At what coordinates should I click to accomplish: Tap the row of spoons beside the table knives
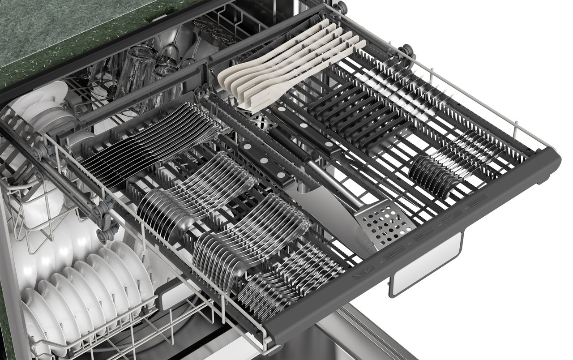[197, 193]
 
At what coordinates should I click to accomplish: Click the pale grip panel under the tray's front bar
[425, 264]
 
